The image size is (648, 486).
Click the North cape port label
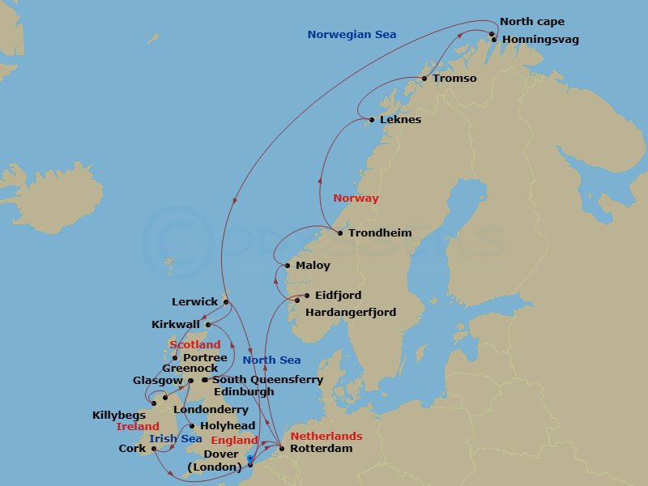(x=532, y=22)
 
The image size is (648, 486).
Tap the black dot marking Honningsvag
(x=493, y=39)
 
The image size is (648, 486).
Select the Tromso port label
(x=454, y=79)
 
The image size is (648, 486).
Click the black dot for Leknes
(x=372, y=121)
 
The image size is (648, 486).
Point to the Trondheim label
(x=380, y=233)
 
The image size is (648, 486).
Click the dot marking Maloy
(x=288, y=266)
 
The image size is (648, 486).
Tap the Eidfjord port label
(x=338, y=296)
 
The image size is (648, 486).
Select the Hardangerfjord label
(x=351, y=312)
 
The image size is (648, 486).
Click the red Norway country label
(x=356, y=198)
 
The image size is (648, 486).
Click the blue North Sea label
(x=271, y=360)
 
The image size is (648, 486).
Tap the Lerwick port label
(x=195, y=302)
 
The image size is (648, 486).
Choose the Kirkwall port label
(x=176, y=325)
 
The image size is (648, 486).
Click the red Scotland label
(x=194, y=345)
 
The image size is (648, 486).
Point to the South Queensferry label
(x=267, y=380)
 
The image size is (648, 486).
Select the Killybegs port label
(x=118, y=416)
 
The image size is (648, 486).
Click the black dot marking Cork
(x=153, y=449)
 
